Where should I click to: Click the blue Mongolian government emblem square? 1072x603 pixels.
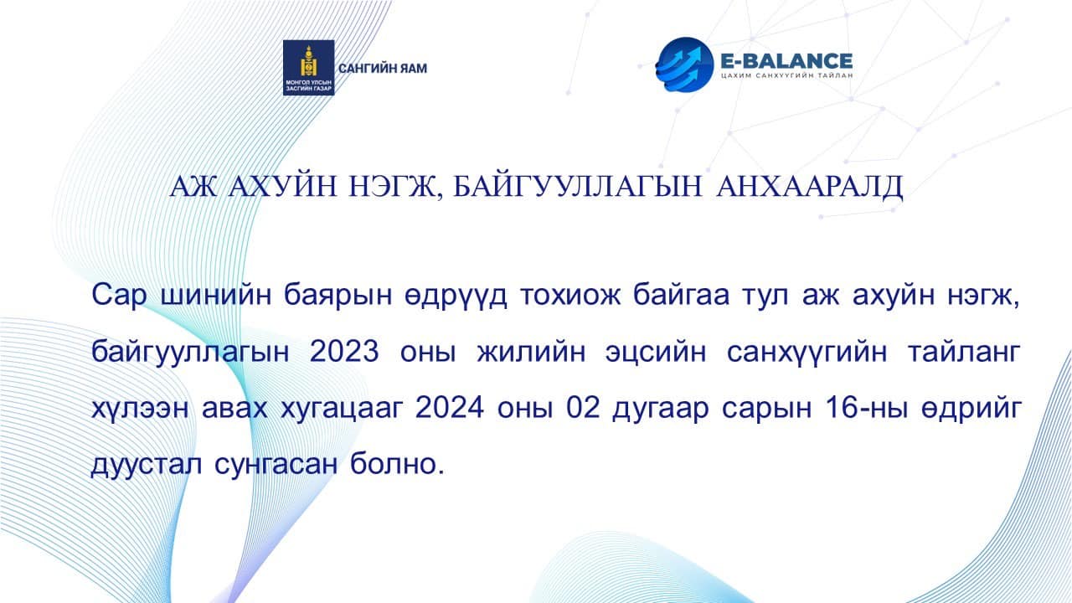click(308, 68)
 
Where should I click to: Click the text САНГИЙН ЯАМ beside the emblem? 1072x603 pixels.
click(382, 68)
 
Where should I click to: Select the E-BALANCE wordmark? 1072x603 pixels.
click(786, 60)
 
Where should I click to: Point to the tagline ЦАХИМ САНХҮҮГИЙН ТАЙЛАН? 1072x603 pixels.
click(786, 77)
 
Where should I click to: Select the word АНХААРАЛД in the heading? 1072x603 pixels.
click(810, 187)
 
